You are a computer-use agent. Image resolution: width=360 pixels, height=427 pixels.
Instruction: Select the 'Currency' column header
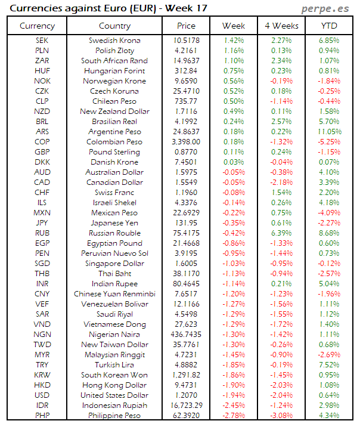(37, 26)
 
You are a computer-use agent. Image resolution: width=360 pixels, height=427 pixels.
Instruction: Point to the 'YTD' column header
(329, 26)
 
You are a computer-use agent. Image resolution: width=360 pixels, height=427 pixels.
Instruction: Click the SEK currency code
(42, 40)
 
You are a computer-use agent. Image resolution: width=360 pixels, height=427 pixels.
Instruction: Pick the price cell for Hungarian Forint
(186, 70)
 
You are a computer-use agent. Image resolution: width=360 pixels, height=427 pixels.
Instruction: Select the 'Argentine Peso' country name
(114, 131)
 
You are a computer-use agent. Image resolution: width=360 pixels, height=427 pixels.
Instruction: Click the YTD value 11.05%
(329, 131)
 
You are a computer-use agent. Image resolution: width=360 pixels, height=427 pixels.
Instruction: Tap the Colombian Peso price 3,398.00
(186, 142)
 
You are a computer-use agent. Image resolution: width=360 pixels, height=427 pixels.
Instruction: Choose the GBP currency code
(42, 152)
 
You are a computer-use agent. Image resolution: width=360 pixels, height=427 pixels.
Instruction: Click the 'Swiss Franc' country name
(114, 193)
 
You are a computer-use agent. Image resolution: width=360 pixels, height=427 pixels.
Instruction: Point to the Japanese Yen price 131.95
(186, 223)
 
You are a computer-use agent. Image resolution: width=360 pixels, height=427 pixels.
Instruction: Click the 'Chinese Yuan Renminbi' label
(114, 294)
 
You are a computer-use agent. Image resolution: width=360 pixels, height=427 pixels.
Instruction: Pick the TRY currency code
(42, 365)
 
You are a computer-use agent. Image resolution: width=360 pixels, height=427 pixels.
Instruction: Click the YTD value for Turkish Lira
(329, 365)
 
